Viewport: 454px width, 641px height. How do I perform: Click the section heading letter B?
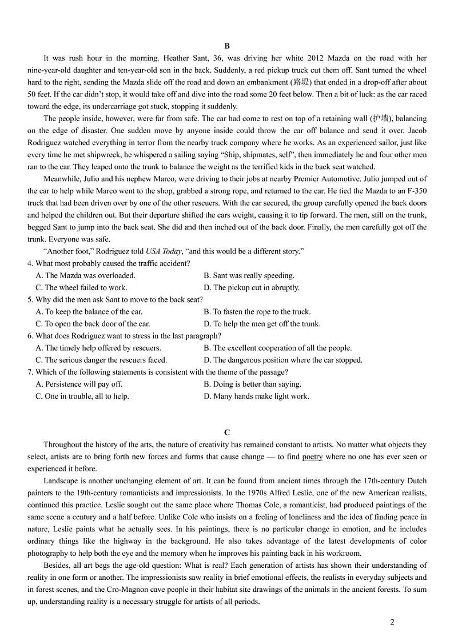tap(227, 46)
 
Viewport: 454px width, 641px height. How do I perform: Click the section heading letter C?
tap(227, 432)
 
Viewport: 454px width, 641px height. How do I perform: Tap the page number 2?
tap(392, 622)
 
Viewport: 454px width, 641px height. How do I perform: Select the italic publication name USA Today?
tap(147, 251)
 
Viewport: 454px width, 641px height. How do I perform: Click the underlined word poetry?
tap(313, 456)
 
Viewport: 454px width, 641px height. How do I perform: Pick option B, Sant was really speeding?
tap(249, 275)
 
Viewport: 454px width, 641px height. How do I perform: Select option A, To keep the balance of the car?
tap(89, 312)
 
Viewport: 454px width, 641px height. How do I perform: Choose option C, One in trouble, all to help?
tap(82, 396)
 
